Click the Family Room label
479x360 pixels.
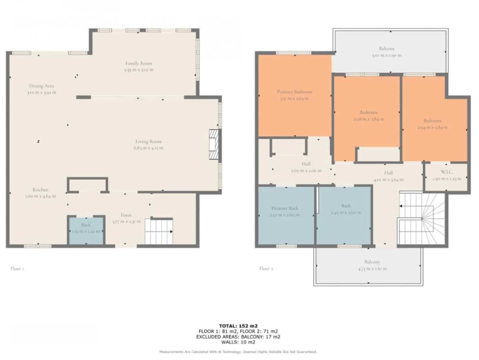pos(139,64)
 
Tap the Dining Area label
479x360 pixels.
pos(42,86)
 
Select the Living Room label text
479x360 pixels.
pos(148,142)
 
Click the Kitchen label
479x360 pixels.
pos(41,190)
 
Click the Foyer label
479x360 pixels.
pos(126,215)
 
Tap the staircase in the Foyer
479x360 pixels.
pos(158,232)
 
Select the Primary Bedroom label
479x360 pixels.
pos(295,92)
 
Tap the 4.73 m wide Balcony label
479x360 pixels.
pos(372,262)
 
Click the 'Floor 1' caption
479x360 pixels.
pos(17,269)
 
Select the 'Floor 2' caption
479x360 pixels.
pos(266,269)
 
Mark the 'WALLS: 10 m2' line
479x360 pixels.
pos(238,342)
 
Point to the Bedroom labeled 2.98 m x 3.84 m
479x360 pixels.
pos(368,113)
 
